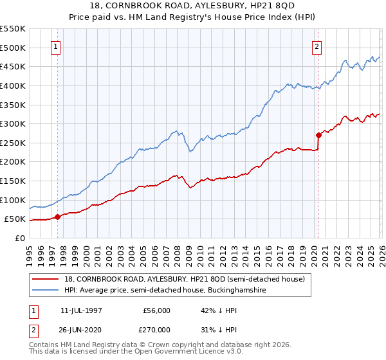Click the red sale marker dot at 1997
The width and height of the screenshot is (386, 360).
pos(58,217)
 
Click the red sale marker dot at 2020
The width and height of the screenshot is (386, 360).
pos(318,135)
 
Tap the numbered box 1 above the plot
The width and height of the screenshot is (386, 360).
pos(57,46)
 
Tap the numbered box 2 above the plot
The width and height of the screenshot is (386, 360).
pos(317,46)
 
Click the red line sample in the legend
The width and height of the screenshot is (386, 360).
pos(46,278)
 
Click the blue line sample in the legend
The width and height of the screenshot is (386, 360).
pos(46,291)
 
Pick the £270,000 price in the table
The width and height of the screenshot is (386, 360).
pos(156,328)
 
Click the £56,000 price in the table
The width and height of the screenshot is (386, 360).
pos(156,310)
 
